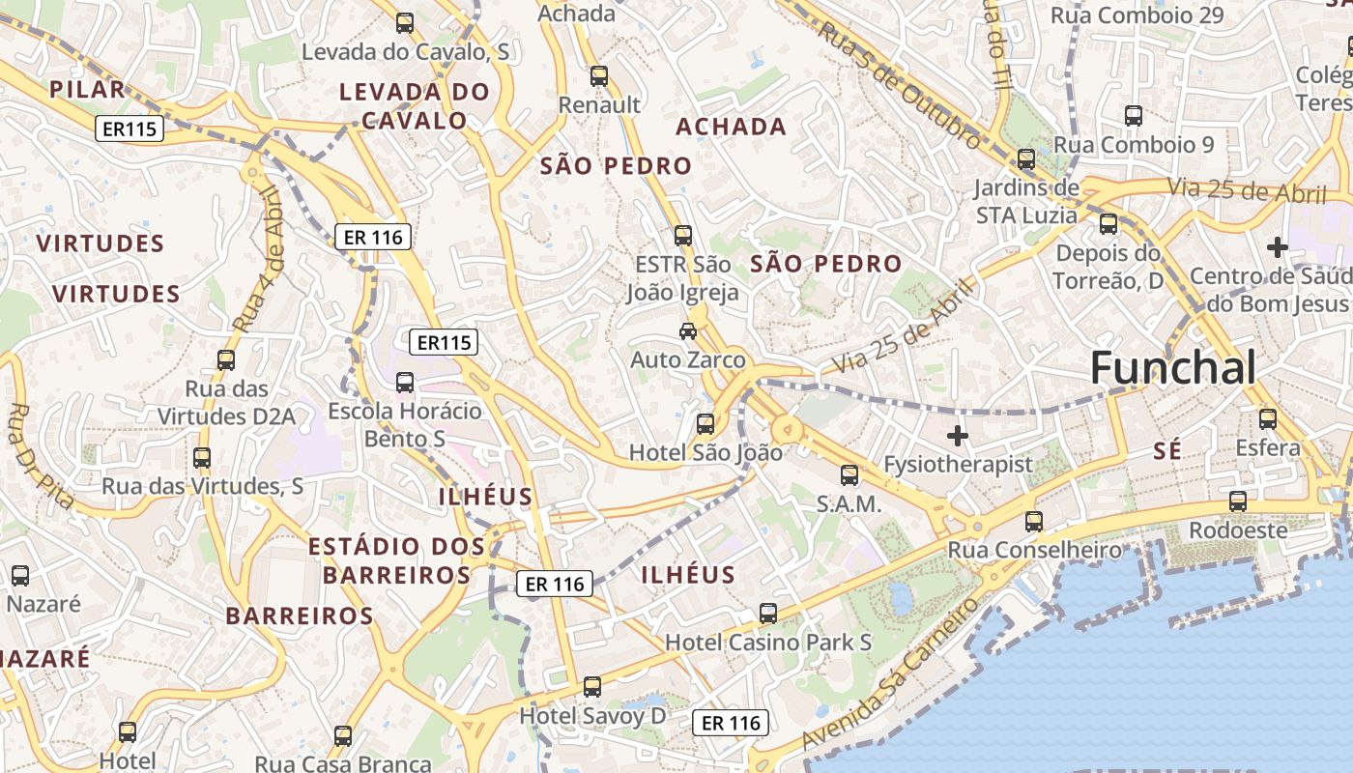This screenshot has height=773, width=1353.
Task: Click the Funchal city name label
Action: point(1173,368)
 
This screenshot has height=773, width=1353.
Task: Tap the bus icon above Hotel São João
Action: point(705,423)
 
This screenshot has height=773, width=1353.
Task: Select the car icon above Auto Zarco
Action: point(688,331)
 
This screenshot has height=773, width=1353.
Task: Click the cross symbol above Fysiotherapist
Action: point(957,436)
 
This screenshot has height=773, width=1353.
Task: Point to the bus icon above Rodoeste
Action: point(1238,501)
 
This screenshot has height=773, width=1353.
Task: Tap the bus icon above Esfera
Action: point(1267,419)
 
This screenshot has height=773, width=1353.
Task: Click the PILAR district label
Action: point(87,90)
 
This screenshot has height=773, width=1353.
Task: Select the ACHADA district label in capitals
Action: point(731,127)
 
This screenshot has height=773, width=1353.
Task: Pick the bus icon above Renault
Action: point(599,75)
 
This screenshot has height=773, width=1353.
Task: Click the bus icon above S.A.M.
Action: point(849,474)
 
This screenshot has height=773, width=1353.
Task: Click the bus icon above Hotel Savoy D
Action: point(592,687)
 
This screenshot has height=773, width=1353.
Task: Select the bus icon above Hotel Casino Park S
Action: point(768,613)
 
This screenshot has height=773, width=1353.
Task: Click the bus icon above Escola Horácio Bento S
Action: point(405,383)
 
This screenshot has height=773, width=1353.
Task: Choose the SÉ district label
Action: point(1167,450)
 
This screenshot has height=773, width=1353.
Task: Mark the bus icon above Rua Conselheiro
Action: point(1034,522)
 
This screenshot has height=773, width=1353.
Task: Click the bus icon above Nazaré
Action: point(20,576)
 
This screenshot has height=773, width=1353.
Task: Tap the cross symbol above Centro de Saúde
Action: point(1277,247)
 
